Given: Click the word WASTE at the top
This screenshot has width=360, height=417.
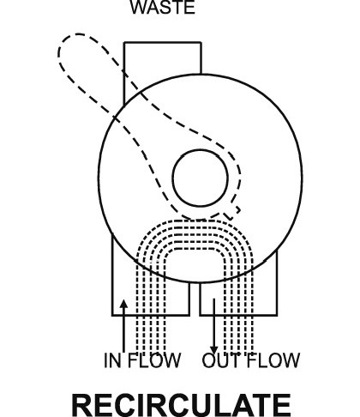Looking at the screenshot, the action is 163,7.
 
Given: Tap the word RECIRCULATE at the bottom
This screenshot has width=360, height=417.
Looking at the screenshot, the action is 182,405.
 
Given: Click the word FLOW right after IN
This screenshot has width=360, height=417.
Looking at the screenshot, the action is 154,360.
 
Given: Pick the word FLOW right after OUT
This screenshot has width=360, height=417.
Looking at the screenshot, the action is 273,360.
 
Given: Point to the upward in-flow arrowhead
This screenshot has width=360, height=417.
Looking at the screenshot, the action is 123,304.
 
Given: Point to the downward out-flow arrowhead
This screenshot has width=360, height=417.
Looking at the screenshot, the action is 214,350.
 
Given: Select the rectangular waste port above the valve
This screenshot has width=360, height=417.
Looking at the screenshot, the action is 163,42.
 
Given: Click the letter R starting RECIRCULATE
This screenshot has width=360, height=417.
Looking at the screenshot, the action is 82,405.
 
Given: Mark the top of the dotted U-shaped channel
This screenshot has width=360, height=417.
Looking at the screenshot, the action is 195,221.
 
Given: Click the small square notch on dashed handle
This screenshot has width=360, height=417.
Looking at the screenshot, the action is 234,213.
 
